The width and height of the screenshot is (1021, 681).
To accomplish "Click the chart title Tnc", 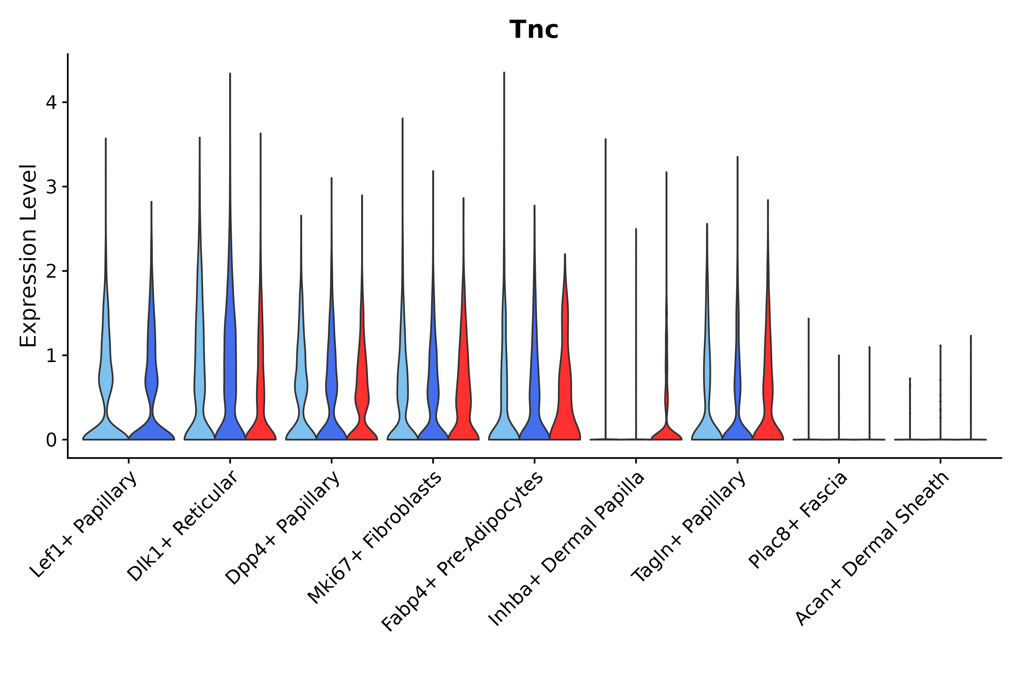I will (534, 30).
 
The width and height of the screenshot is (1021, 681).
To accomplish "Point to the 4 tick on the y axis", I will (51, 103).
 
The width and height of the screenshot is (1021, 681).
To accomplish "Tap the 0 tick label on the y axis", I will (51, 440).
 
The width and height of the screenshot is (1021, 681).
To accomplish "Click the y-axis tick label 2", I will (51, 271).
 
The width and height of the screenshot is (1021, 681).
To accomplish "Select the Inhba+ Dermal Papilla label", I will (567, 549).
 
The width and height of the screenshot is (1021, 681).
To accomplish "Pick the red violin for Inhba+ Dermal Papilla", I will (666, 430).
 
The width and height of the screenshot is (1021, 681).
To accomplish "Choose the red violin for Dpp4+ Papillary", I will (362, 391).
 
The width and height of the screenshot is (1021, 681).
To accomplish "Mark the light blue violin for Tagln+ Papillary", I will (707, 391).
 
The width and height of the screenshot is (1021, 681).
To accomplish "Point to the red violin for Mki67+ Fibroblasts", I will (464, 391).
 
